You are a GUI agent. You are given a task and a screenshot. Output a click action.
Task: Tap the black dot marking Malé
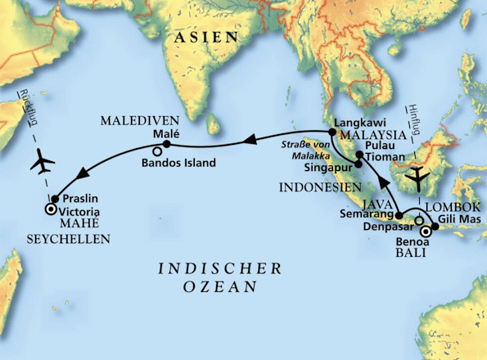click(166, 145)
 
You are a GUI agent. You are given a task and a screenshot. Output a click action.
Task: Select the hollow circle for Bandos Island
click(157, 152)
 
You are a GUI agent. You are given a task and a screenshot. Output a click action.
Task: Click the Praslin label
click(78, 198)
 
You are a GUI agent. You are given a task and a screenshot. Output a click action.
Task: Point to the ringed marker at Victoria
click(50, 210)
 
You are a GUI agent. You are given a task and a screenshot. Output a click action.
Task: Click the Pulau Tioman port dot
click(358, 154)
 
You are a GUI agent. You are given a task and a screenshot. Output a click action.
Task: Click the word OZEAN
click(220, 287)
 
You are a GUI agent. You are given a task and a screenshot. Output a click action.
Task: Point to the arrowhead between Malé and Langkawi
click(243, 144)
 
